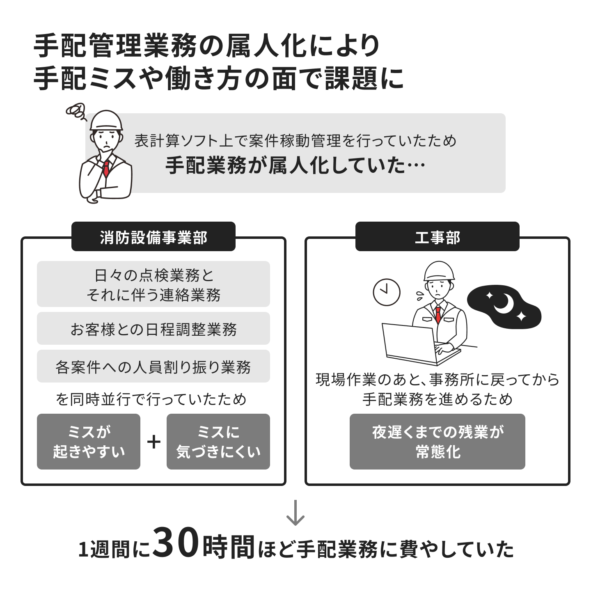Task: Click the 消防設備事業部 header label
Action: pos(153,237)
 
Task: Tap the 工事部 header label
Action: pos(438,237)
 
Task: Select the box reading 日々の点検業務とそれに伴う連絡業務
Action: pos(153,284)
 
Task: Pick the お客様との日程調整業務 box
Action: pos(153,328)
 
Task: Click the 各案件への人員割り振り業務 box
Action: pos(153,366)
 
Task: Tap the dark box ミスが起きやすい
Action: pos(89,442)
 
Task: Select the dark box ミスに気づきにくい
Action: pos(218,442)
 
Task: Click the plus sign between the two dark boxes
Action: pos(153,442)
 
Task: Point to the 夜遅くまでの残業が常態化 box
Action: pos(438,442)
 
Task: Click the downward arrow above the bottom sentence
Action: pos(295,513)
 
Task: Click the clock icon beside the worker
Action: pos(387,292)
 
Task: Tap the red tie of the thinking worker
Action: pos(106,169)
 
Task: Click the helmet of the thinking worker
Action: pos(106,120)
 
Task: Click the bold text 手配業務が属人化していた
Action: pos(285,165)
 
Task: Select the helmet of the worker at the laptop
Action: pos(439,271)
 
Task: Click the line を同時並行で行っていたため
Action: pos(151,399)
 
